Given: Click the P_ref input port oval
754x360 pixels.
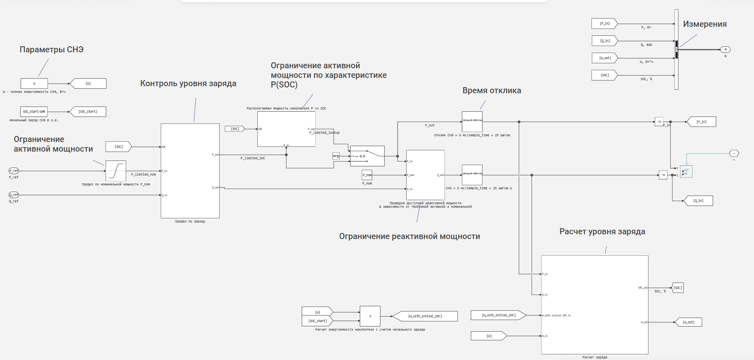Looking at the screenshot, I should coord(14,171).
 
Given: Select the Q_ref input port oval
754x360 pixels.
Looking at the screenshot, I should coord(14,195).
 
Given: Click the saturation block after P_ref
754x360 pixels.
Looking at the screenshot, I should coord(116,171).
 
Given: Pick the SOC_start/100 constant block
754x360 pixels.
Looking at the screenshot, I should coord(34,112).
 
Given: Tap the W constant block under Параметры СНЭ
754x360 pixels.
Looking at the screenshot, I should coord(34,84).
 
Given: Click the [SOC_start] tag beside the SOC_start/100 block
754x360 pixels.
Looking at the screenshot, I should coord(88,112).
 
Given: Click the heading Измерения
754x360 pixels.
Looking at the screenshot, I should coord(705,24).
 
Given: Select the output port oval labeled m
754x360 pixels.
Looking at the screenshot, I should coord(725,49).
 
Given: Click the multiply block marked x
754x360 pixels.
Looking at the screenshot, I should coord(370,316).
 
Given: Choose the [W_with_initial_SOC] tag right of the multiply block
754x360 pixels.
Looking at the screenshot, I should coord(425,316).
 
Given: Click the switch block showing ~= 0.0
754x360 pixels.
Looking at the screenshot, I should coord(367,156).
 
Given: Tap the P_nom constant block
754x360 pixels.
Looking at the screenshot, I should coord(367,175).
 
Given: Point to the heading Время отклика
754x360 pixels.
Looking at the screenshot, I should coord(492,91).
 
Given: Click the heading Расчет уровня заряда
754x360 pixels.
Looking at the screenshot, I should coord(602,232).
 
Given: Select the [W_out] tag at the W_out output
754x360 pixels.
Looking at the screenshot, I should coord(689,322).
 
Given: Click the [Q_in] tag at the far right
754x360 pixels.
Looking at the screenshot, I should coord(698,201).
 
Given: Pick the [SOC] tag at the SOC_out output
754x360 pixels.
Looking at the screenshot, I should coord(678,288).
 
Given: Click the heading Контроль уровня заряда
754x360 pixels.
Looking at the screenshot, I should coord(188,84).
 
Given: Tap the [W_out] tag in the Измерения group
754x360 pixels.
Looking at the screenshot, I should coord(605,58).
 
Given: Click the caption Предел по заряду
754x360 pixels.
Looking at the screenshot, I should coord(190,221).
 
